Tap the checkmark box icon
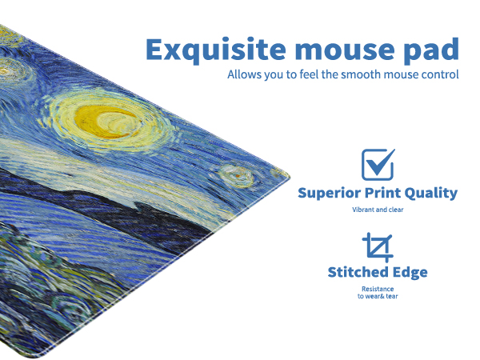tap(378, 164)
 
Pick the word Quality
tap(433, 193)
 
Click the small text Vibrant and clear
tap(378, 210)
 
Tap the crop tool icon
tap(378, 247)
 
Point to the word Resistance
tap(378, 289)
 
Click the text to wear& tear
tap(378, 297)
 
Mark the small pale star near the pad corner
tap(234, 173)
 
